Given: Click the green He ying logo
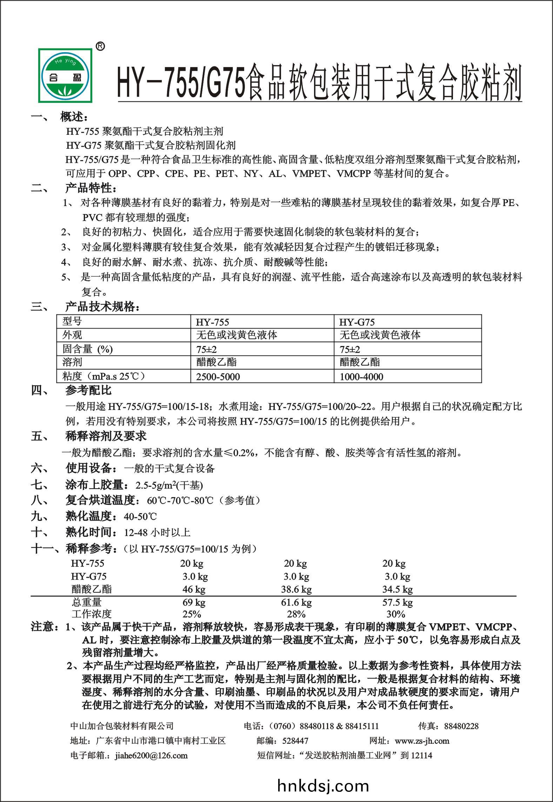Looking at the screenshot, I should [66, 75].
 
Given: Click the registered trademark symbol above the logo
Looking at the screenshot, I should [100, 46].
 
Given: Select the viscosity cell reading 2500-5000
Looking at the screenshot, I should [218, 377].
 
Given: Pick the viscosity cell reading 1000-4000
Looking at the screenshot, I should [361, 377].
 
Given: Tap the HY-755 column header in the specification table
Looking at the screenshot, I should [213, 322].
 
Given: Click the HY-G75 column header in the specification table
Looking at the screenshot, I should [357, 322].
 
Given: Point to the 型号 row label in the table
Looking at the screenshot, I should [72, 321].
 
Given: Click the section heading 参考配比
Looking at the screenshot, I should [88, 390].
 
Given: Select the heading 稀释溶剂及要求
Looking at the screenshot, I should [106, 436].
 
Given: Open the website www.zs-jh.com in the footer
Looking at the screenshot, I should [422, 741].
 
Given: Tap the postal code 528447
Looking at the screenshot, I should [295, 741].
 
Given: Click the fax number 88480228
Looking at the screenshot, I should [461, 726].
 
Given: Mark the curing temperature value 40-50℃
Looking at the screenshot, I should [140, 516].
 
